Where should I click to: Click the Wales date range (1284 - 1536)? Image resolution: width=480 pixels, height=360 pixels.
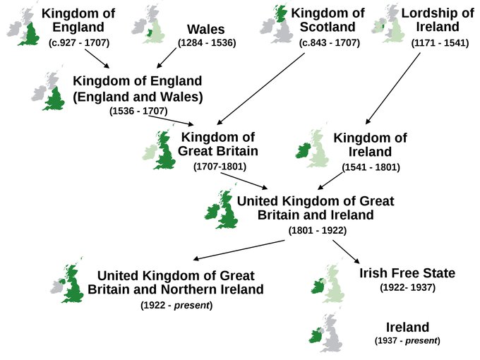coord(207,43)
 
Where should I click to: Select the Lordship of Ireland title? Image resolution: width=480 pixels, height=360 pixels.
coord(437,20)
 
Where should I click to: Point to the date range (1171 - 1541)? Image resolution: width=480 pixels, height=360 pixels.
coord(438,43)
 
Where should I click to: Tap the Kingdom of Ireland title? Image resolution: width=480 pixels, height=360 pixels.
coord(371,145)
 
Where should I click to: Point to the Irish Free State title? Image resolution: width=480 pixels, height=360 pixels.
coord(407,273)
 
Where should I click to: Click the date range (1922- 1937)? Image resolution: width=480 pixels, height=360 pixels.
coord(408,288)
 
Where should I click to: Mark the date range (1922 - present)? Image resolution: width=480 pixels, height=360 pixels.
coord(176,305)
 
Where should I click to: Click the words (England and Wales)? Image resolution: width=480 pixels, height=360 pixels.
coord(138,96)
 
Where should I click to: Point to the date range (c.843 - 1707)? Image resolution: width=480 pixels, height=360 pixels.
coord(330,43)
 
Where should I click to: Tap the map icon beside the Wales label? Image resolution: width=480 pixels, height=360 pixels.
coord(150,25)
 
